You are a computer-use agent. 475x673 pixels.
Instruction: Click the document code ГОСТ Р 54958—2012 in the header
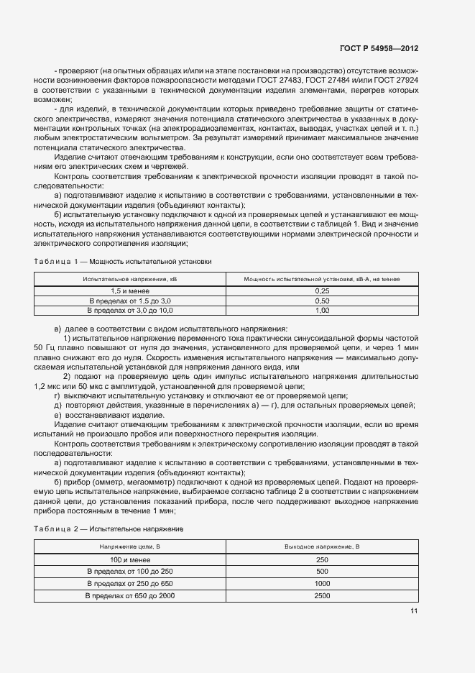click(379, 48)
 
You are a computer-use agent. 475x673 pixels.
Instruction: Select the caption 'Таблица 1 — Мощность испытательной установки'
click(123, 261)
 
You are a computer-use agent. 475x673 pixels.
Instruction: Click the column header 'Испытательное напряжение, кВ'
click(129, 278)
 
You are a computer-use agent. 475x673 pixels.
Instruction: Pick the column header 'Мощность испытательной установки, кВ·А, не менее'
click(322, 278)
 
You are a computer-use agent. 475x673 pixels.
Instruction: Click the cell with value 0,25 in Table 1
click(322, 290)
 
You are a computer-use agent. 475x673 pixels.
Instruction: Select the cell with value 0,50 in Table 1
click(322, 300)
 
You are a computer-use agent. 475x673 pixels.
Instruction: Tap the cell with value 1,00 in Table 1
click(322, 310)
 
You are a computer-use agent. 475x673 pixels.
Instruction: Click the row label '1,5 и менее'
click(129, 290)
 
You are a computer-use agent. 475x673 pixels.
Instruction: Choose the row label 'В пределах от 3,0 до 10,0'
click(129, 310)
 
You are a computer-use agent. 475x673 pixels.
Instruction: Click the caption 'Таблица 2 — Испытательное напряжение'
click(109, 528)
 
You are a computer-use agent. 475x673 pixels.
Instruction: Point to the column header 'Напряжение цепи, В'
click(129, 546)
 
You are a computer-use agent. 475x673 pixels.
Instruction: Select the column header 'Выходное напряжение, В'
click(322, 546)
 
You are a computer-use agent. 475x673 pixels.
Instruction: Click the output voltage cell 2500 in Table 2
click(322, 596)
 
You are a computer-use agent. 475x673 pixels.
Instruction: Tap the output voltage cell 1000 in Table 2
click(322, 583)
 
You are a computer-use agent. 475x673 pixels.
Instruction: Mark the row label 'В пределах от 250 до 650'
click(129, 583)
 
